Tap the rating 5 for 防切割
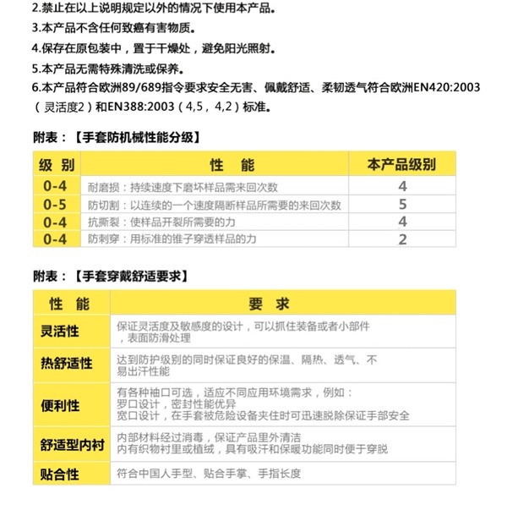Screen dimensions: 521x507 click(402, 204)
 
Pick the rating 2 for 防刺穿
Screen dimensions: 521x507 click(402, 239)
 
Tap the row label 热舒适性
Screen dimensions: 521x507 click(67, 364)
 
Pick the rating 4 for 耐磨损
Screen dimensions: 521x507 click(402, 186)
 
